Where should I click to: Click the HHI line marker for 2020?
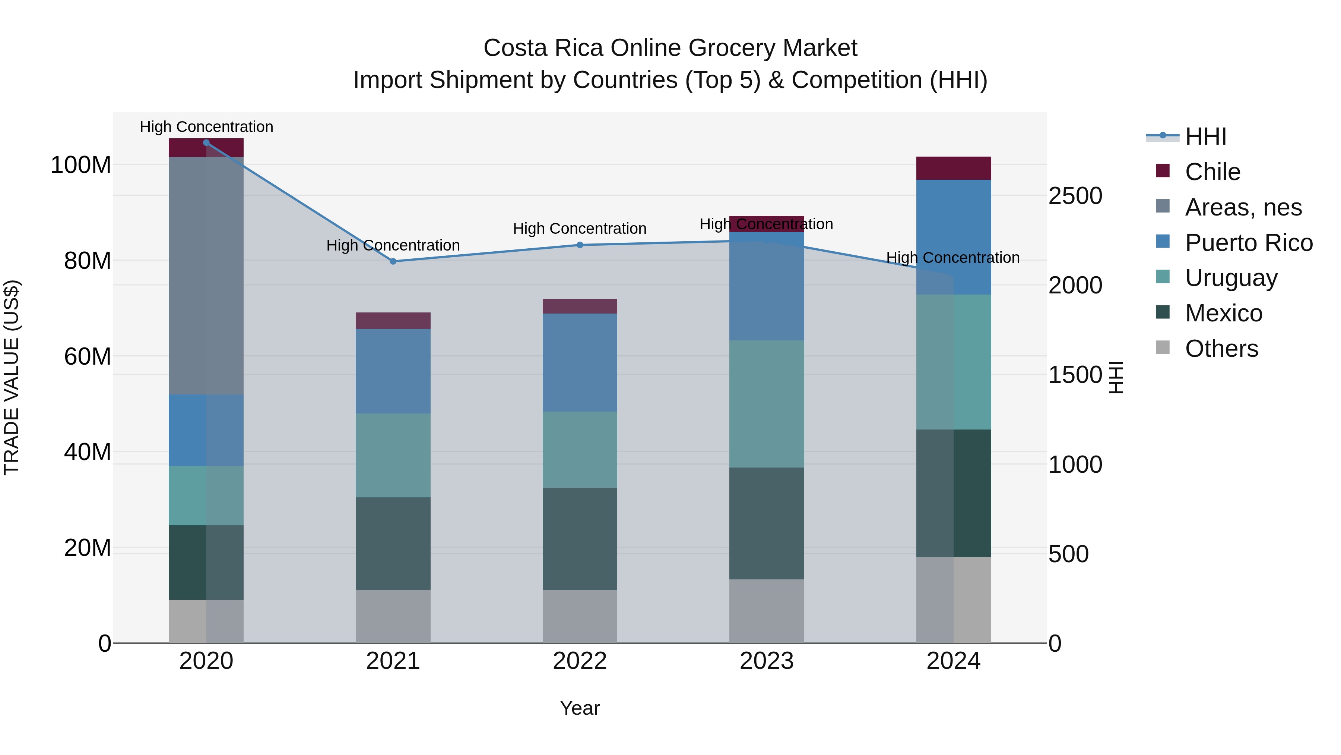tap(206, 143)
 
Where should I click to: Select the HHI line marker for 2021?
tap(393, 262)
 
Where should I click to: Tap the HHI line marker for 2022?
tap(580, 245)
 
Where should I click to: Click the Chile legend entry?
tap(1212, 172)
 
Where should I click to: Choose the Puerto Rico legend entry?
tap(1248, 243)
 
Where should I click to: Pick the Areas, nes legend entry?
tap(1243, 207)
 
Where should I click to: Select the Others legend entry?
tap(1221, 349)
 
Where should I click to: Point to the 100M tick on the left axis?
tap(81, 165)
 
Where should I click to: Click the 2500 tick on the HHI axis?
tap(1075, 196)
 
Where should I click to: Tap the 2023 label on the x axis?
tap(766, 661)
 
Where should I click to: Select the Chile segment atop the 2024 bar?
tap(953, 168)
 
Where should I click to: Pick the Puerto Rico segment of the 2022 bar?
tap(580, 363)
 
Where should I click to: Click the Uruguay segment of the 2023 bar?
tap(766, 404)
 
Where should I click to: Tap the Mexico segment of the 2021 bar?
tap(393, 544)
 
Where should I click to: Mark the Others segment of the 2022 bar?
tap(580, 616)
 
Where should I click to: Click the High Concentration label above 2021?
tap(393, 245)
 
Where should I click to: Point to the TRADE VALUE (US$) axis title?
tap(12, 377)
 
